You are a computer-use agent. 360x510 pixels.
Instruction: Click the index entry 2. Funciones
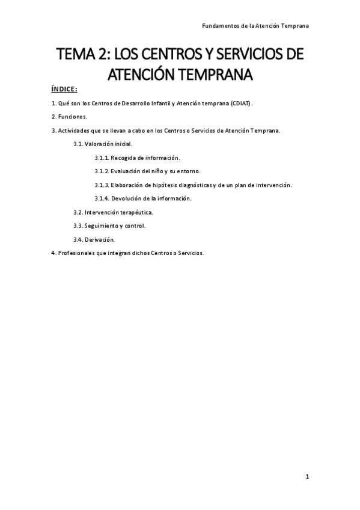pyautogui.click(x=69, y=117)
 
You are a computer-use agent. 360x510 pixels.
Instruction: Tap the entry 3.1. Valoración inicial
pyautogui.click(x=103, y=144)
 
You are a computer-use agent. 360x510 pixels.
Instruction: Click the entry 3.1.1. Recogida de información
pyautogui.click(x=137, y=158)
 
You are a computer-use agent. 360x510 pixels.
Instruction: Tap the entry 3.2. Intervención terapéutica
pyautogui.click(x=113, y=212)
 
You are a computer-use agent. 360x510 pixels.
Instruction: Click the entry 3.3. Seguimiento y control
pyautogui.click(x=109, y=226)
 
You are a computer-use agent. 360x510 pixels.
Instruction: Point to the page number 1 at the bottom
pyautogui.click(x=307, y=477)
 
